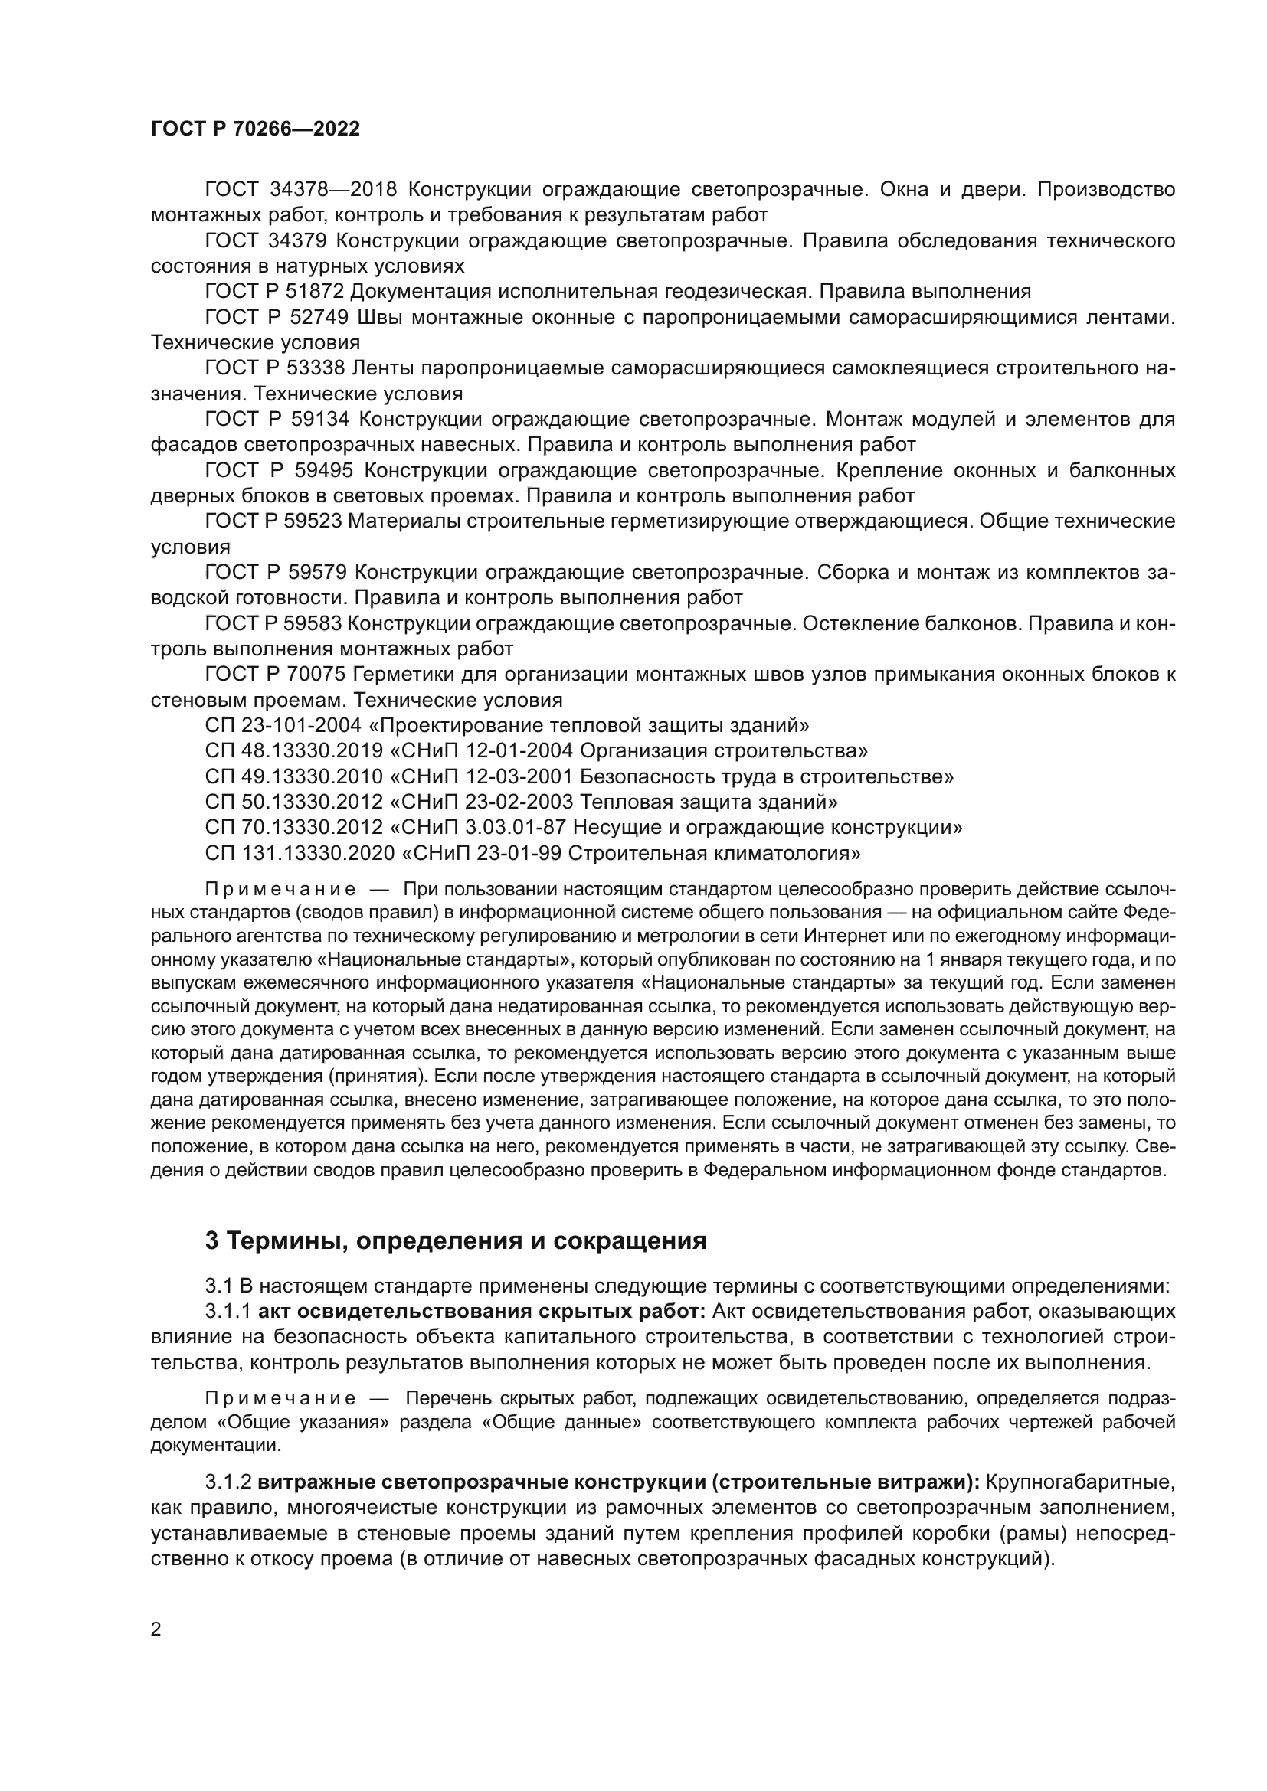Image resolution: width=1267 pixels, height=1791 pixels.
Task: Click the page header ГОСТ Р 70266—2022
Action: [x=255, y=129]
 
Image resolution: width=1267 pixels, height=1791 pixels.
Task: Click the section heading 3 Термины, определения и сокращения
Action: [x=456, y=1240]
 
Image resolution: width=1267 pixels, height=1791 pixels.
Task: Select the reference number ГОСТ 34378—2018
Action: [x=301, y=190]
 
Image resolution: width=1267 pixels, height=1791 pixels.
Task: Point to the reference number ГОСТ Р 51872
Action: [x=273, y=292]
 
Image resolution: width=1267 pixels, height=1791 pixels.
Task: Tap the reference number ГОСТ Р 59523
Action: [x=273, y=521]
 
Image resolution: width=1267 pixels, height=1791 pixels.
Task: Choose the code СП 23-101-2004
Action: [x=283, y=725]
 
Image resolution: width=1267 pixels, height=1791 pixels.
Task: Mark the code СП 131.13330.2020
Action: [x=300, y=852]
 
